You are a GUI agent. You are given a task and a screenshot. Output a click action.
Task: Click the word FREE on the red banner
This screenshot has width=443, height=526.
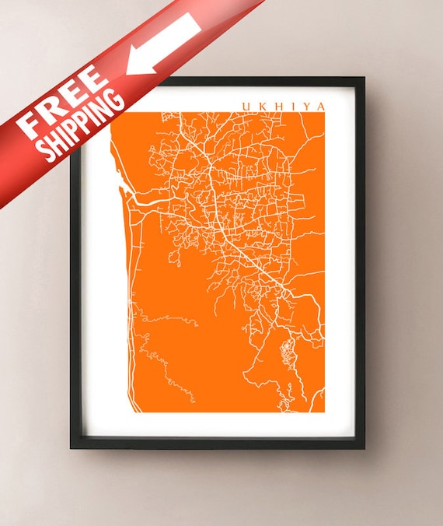pos(63,100)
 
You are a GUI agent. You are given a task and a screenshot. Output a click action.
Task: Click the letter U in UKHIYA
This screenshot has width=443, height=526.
pos(246,107)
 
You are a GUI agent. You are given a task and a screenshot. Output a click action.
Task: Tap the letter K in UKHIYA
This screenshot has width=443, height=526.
pos(262,107)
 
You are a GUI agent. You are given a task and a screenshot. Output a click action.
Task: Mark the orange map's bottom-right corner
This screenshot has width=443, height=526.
pos(323,412)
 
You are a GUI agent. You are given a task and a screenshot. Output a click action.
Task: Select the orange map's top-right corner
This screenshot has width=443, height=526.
pos(323,113)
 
